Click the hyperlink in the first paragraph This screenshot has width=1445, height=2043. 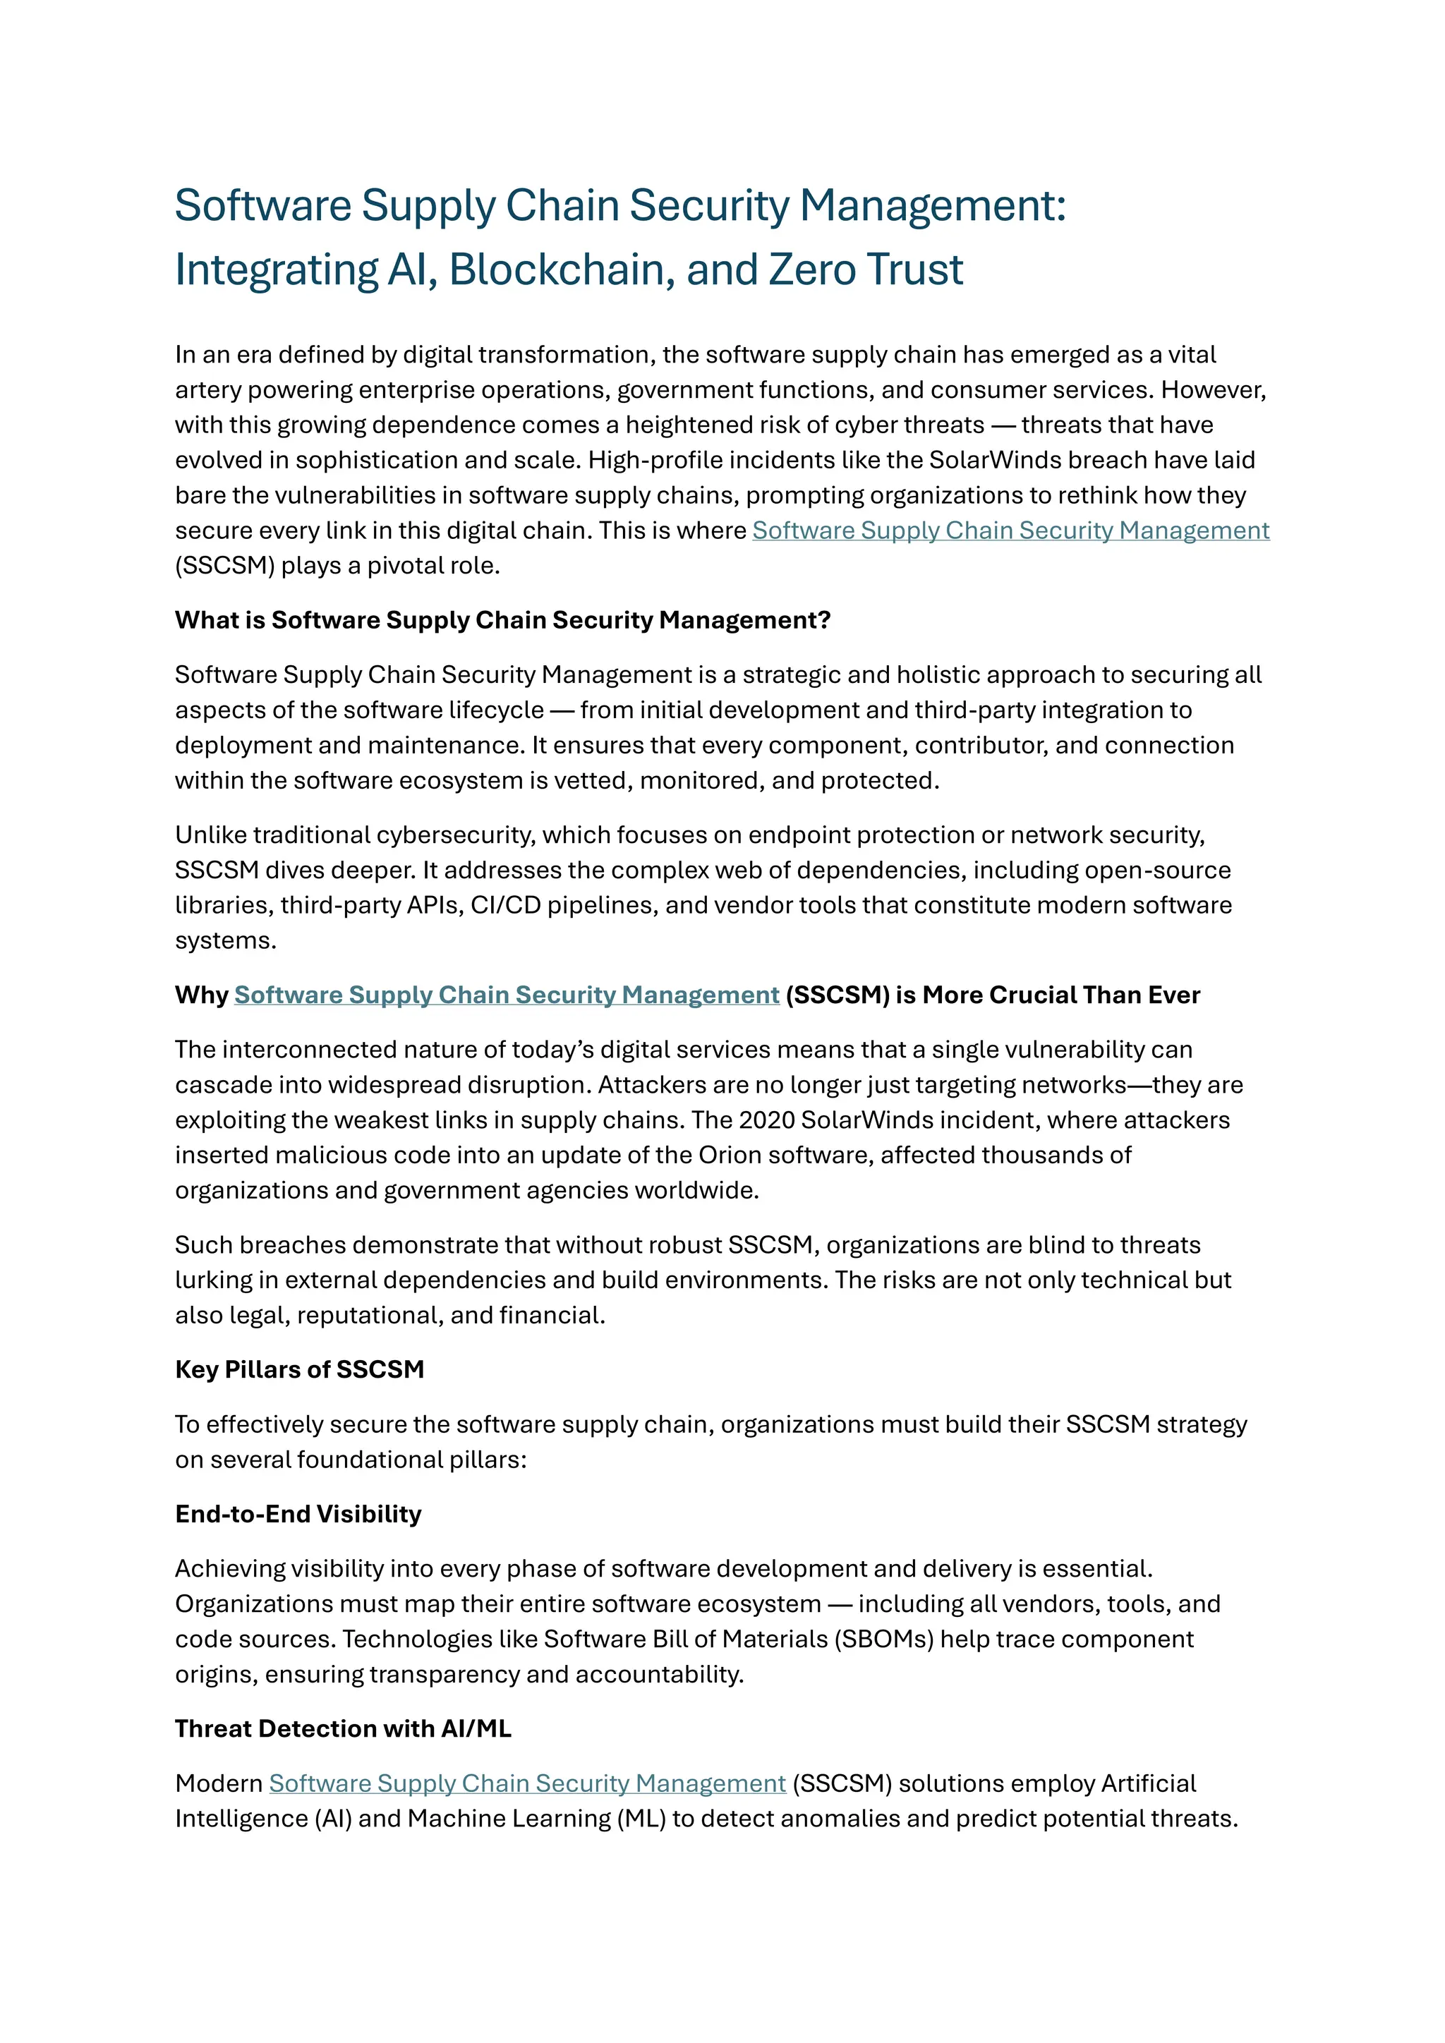[1010, 531]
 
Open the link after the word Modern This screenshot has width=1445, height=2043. [527, 1783]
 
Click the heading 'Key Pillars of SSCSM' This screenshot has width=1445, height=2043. [299, 1369]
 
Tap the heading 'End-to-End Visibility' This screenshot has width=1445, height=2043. [298, 1514]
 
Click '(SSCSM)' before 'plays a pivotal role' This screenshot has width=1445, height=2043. [224, 566]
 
